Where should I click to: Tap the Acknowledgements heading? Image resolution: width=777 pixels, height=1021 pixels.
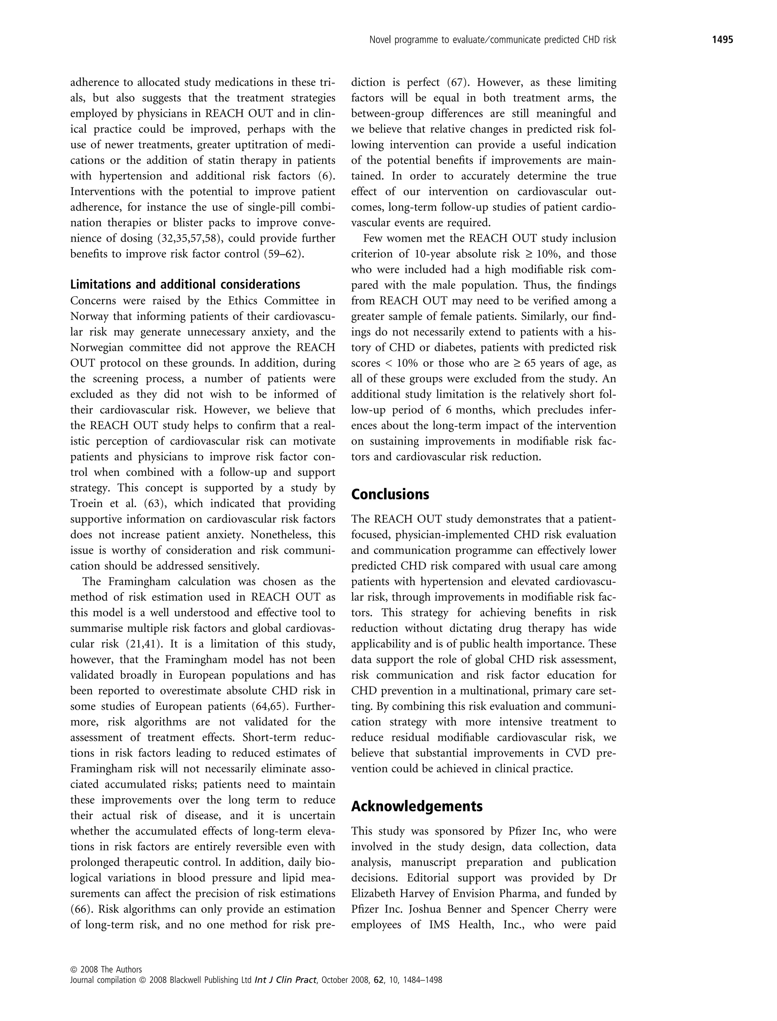pyautogui.click(x=416, y=806)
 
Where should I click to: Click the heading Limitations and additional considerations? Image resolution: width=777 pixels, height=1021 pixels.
pyautogui.click(x=185, y=284)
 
